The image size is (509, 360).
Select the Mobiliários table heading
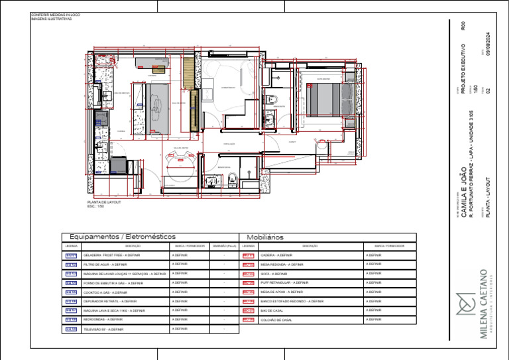[265, 237]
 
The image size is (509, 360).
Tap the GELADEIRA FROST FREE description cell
[112, 255]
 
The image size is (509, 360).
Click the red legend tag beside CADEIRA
[248, 255]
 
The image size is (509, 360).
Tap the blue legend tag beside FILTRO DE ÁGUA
[71, 265]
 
